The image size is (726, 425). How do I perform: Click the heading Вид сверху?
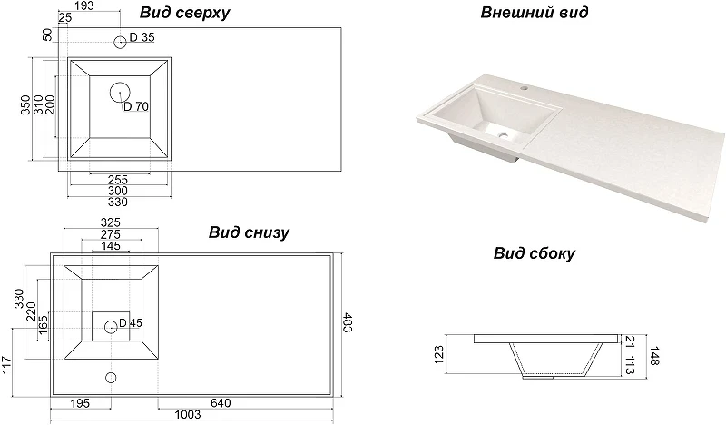tap(184, 13)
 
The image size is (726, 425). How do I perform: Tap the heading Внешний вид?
tap(534, 12)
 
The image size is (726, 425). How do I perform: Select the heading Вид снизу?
tap(249, 232)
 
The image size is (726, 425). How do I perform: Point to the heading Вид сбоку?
tap(534, 253)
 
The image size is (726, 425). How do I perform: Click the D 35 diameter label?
tap(142, 37)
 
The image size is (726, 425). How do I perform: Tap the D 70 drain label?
tap(136, 106)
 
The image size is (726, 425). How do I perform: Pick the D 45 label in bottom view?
tap(131, 323)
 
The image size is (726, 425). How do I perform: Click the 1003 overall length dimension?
tap(188, 414)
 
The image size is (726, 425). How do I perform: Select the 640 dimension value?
tap(221, 403)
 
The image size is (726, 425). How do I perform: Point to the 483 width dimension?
tap(348, 323)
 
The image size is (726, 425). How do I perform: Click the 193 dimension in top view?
tap(83, 5)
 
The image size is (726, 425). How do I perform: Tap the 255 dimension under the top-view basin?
tap(118, 180)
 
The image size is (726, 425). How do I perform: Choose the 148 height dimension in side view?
tap(653, 355)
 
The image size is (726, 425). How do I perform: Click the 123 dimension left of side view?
tap(439, 355)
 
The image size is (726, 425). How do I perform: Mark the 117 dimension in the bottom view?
tap(5, 366)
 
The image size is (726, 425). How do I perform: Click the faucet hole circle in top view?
tap(120, 42)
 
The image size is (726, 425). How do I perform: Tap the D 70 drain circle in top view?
tap(120, 93)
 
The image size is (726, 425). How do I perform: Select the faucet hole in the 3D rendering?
tap(525, 87)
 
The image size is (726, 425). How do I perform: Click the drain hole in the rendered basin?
tap(503, 136)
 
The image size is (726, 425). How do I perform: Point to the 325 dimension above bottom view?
tap(110, 222)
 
